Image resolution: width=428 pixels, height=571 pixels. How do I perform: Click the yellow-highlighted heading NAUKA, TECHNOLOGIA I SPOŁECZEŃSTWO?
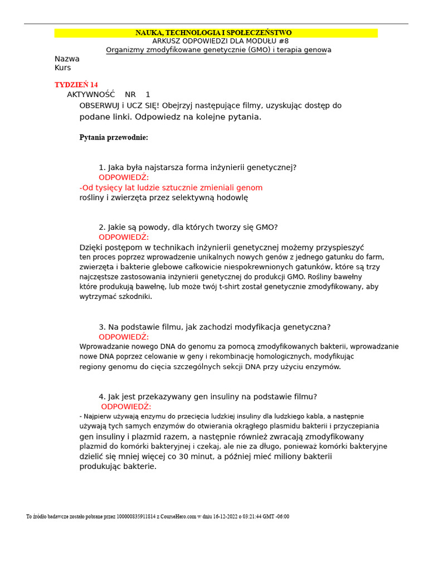point(213,33)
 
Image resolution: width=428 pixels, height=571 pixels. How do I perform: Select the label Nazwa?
point(67,59)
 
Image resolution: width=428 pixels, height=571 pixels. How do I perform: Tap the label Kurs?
point(63,68)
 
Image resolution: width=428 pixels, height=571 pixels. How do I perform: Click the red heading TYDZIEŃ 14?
point(76,85)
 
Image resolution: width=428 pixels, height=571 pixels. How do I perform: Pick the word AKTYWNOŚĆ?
point(91,95)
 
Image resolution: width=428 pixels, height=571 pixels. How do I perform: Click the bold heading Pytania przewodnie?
point(114,138)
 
